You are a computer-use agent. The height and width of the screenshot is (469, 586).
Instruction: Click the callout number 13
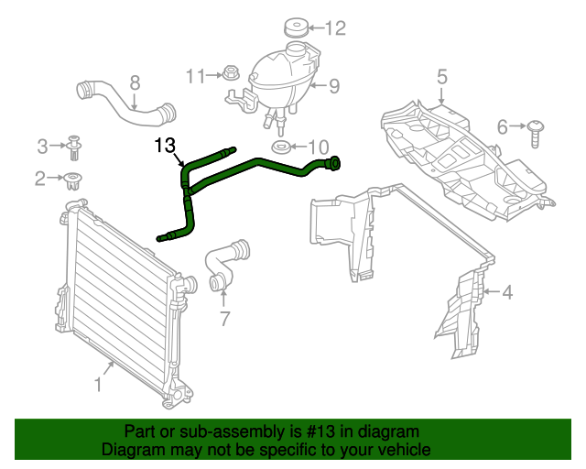pos(164,144)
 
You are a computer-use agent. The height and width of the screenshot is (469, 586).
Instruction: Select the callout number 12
pos(335,28)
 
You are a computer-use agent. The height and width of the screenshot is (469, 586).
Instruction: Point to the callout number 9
pos(334,87)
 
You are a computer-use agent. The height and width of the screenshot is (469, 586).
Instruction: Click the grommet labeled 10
pos(282,147)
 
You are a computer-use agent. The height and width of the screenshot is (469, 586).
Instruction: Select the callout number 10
pos(317,147)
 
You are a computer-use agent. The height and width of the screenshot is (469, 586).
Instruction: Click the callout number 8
pos(136,82)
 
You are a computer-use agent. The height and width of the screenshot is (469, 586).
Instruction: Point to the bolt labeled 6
pos(535,133)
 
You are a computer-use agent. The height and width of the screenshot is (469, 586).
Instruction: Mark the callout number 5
pos(441,77)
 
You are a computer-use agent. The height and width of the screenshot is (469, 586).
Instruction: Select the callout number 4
pos(506,293)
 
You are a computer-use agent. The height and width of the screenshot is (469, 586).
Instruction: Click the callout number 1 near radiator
pos(98,386)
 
